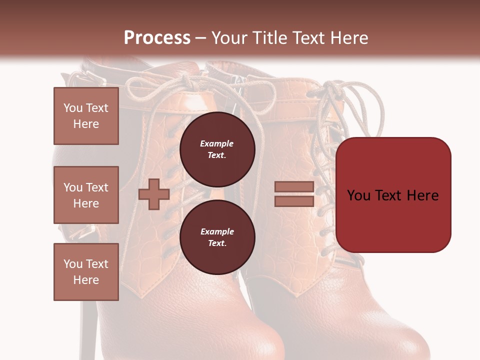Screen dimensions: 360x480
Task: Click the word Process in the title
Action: pos(157,37)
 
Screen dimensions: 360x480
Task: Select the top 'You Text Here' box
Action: pos(86,116)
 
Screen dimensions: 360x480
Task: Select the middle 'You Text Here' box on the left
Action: pos(86,195)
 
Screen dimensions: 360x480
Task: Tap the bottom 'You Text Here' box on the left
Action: pos(86,272)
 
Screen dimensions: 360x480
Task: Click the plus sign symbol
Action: pos(154,194)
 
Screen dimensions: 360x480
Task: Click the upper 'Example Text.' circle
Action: pos(217,149)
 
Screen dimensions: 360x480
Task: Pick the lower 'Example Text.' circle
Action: pos(217,237)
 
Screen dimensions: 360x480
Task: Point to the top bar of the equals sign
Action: pos(294,187)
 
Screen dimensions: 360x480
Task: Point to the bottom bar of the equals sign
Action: pos(294,201)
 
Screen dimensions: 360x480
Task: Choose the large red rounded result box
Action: pos(393,195)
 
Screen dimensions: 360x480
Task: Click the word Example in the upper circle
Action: pos(217,143)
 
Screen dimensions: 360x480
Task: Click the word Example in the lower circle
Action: pos(217,231)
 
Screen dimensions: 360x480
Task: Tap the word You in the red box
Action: pos(359,195)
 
